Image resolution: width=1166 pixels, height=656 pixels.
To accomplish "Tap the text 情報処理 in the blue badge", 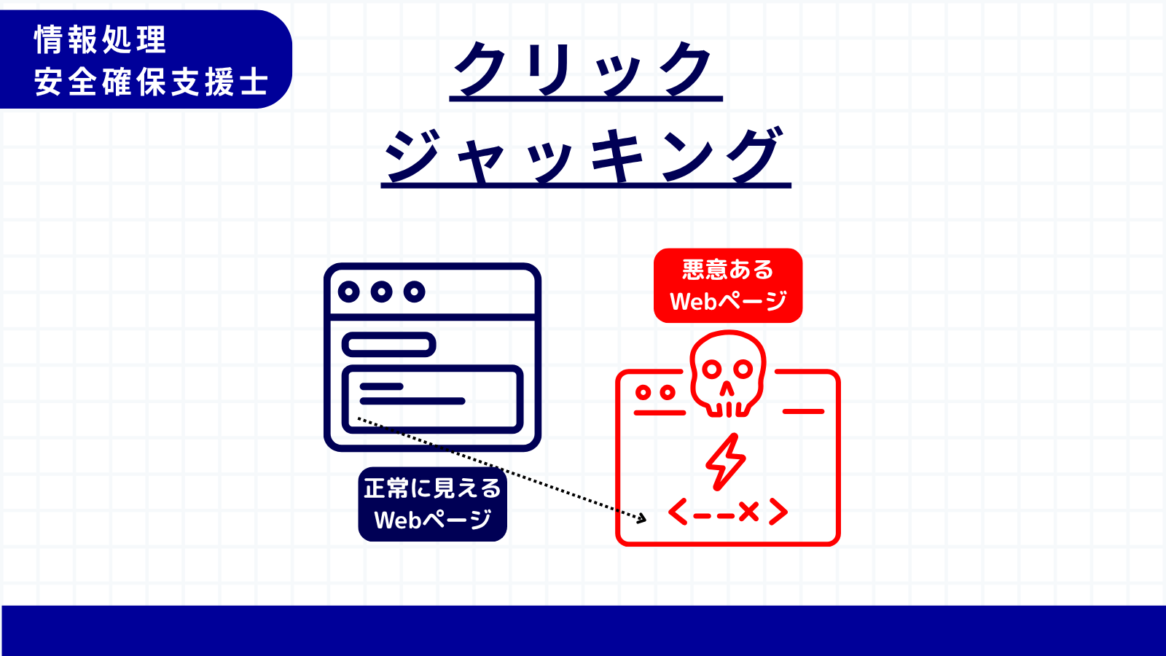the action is (x=100, y=39).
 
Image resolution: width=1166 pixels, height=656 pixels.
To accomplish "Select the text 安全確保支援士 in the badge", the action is (x=152, y=82).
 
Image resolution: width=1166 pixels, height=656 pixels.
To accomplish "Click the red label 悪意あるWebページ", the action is (x=728, y=285).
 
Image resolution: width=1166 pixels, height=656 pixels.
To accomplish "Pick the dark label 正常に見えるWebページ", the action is (x=433, y=504).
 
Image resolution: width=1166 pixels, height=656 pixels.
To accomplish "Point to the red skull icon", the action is (x=728, y=373).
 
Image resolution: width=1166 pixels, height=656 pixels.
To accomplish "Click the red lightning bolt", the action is (x=726, y=462).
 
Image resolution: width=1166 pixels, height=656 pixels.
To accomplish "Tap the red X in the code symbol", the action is (x=748, y=512).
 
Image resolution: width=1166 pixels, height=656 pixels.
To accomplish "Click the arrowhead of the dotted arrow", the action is (x=642, y=518).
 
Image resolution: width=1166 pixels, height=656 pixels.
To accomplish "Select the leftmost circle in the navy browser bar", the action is (x=349, y=292).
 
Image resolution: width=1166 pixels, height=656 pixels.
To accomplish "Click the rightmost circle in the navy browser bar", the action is (x=415, y=292).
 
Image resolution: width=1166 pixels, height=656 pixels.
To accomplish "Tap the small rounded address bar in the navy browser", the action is (x=389, y=345).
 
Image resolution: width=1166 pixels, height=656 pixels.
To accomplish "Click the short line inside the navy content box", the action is (x=382, y=386).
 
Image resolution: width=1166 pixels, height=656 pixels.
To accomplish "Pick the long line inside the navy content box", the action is (x=412, y=401).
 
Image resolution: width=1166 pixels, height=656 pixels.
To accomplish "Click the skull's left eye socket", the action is (x=712, y=370).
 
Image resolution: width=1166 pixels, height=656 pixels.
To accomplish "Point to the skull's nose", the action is (x=727, y=389).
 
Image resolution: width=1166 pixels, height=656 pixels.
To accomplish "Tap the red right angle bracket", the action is (x=778, y=512).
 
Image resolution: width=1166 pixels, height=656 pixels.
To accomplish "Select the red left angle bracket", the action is (x=678, y=512).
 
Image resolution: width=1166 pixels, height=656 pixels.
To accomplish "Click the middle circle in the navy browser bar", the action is (x=382, y=292).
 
